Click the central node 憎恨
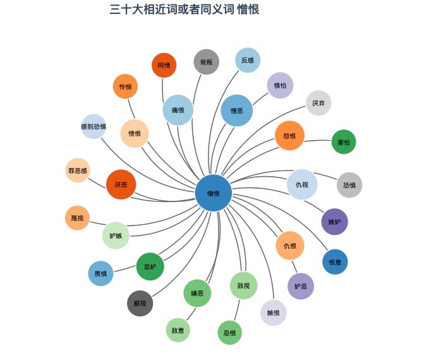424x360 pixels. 214,193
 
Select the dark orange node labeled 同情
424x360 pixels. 164,65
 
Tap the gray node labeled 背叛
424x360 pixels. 206,62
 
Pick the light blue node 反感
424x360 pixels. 248,60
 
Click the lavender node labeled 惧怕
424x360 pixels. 280,85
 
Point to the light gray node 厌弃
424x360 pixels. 318,103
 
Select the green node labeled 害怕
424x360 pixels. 344,142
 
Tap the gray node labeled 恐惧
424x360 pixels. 349,185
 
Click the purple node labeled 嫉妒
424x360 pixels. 334,222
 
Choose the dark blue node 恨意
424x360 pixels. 335,261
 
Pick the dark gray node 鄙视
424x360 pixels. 140,303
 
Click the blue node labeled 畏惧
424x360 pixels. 100,273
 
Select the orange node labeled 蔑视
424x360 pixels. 77,218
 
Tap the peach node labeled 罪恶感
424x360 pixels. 78,171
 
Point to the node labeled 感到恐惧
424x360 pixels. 94,126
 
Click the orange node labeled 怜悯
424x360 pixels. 125,87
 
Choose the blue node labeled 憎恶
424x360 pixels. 237,111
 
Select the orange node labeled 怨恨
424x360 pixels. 290,136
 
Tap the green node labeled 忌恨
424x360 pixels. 229,332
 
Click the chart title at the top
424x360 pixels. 184,9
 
